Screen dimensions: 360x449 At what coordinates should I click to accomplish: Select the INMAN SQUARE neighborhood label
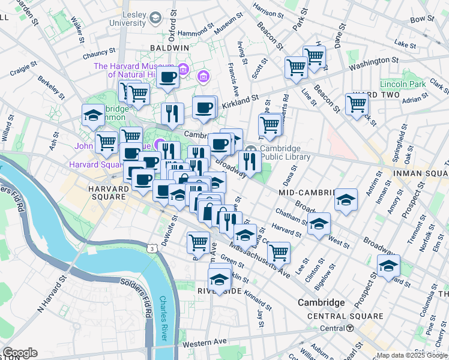point(420,173)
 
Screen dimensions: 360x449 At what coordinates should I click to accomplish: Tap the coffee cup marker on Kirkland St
point(204,107)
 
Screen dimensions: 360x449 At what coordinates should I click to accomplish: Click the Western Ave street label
point(206,342)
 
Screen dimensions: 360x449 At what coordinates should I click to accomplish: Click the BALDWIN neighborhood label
point(169,47)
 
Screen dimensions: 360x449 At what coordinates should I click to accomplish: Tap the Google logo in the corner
point(19,353)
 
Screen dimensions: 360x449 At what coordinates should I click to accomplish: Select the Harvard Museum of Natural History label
point(133,71)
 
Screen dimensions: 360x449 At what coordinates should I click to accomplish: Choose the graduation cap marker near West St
point(319,223)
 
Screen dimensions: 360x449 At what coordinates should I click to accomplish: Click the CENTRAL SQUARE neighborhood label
point(345,316)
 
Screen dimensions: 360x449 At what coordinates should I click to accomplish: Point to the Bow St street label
point(422,19)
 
